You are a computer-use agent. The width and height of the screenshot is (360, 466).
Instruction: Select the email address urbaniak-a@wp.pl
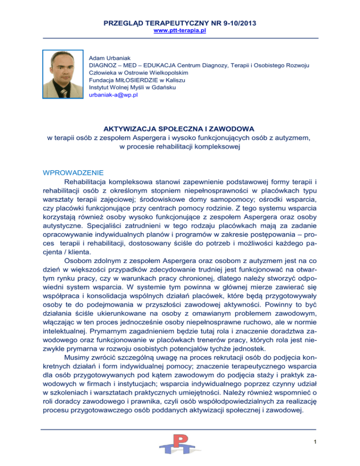point(112,95)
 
